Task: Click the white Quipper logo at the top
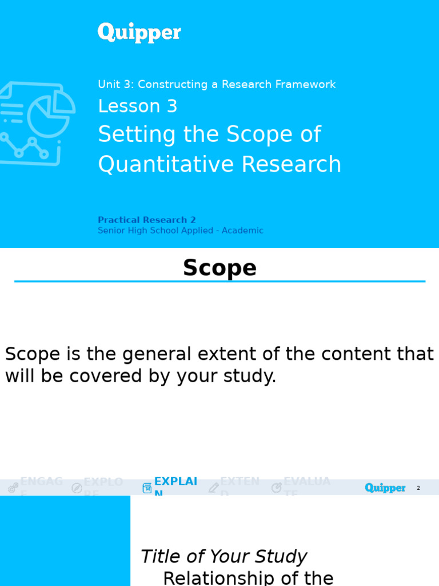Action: click(x=139, y=33)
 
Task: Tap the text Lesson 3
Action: click(x=137, y=106)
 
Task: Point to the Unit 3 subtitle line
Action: click(x=217, y=85)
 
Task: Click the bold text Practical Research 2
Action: click(x=146, y=220)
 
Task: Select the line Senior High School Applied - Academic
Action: click(x=180, y=231)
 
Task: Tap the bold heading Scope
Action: click(x=219, y=268)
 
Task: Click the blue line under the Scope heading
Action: click(x=219, y=282)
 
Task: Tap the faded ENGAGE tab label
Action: click(x=41, y=482)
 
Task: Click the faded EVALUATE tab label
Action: click(x=307, y=482)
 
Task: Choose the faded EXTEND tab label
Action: click(x=240, y=482)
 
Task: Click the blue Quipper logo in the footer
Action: click(x=385, y=488)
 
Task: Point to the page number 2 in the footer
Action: click(x=418, y=488)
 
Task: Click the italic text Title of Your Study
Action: click(x=224, y=557)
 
